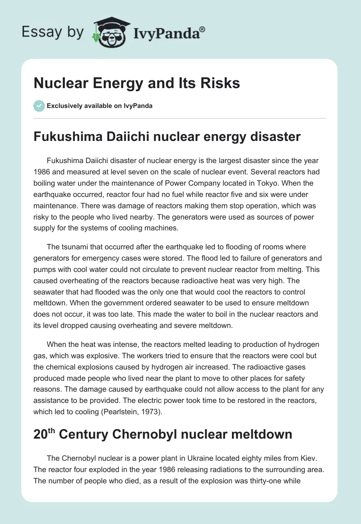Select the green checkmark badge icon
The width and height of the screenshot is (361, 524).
[x=39, y=106]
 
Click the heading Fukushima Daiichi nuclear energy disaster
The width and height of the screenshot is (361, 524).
[x=167, y=136]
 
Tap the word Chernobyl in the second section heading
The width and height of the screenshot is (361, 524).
[x=153, y=435]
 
